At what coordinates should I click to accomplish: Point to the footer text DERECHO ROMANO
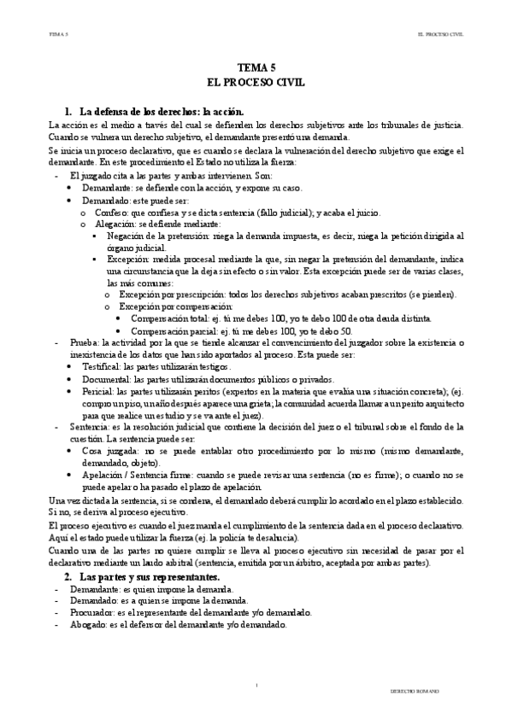coord(412,688)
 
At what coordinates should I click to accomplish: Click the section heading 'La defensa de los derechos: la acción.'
coord(162,112)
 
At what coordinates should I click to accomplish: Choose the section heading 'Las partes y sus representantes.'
coord(149,578)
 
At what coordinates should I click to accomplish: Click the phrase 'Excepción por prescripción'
coord(174,295)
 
